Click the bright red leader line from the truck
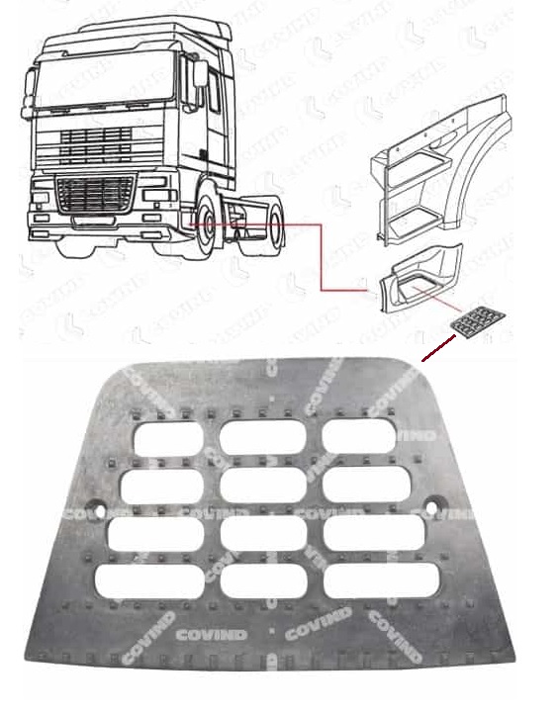click(x=322, y=257)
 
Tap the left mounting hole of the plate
click(x=98, y=510)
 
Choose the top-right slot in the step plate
click(x=359, y=436)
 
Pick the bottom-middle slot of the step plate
click(x=262, y=580)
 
